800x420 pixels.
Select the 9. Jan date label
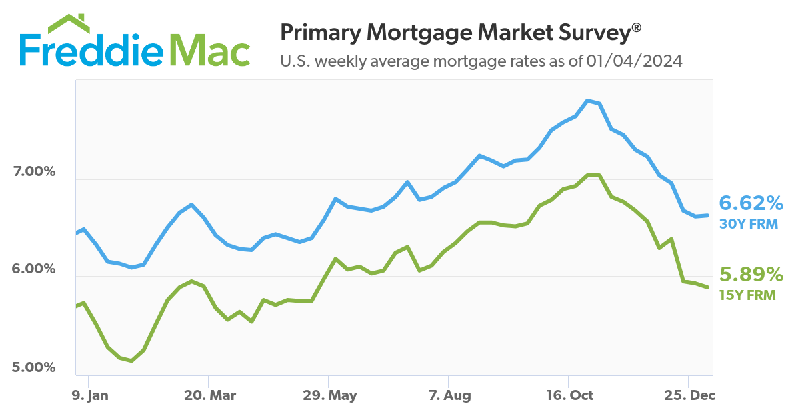tap(89, 395)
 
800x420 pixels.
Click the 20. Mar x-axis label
tap(210, 395)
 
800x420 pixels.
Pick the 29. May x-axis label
tap(330, 395)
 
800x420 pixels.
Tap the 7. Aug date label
tap(449, 395)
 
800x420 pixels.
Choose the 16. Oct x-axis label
tap(570, 395)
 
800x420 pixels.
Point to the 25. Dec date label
tap(689, 395)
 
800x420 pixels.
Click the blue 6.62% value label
tap(750, 203)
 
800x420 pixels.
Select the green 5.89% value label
tap(750, 275)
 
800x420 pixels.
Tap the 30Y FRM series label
tap(747, 224)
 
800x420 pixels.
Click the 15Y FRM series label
tap(747, 295)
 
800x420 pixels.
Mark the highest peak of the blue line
tap(587, 101)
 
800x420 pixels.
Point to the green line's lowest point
tap(132, 361)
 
